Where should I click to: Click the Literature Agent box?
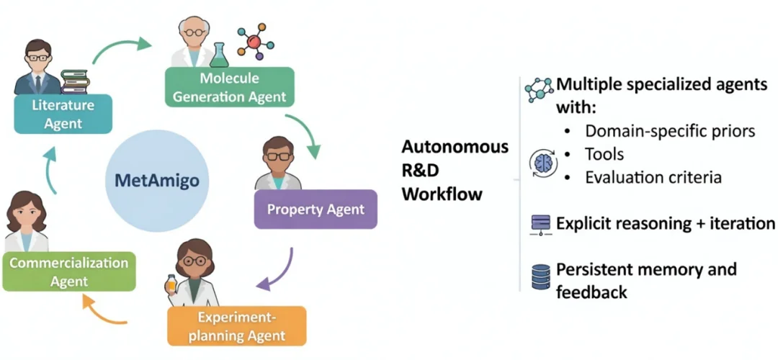click(63, 114)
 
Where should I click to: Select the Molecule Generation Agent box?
click(229, 87)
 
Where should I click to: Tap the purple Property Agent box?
click(316, 210)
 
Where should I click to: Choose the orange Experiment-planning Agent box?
click(236, 326)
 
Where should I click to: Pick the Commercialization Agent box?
click(69, 271)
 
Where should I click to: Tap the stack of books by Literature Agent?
click(74, 81)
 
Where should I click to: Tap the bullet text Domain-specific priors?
click(670, 131)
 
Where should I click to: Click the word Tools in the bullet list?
click(604, 154)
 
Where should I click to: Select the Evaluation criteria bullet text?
click(653, 177)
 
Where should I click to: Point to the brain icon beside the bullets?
click(543, 163)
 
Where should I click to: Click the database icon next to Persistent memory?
click(541, 277)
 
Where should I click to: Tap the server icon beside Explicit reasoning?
click(540, 224)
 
